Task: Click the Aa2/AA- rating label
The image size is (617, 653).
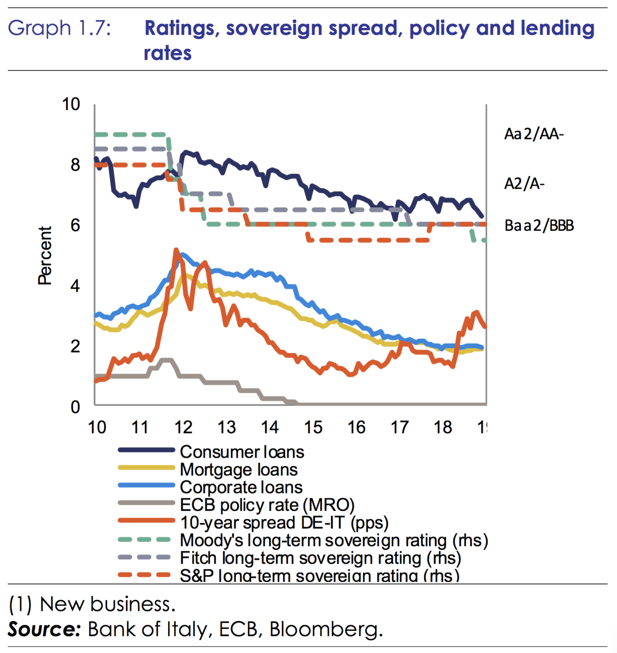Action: pyautogui.click(x=533, y=134)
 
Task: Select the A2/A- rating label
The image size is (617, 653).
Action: pyautogui.click(x=524, y=184)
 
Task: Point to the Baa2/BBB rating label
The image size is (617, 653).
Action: pyautogui.click(x=539, y=225)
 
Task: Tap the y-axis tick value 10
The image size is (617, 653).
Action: pyautogui.click(x=71, y=104)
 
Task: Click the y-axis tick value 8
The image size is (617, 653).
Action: pyautogui.click(x=75, y=165)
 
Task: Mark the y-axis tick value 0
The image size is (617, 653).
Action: pyautogui.click(x=75, y=407)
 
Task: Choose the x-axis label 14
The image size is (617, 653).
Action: pyautogui.click(x=270, y=428)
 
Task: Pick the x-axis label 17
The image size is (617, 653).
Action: pyautogui.click(x=400, y=428)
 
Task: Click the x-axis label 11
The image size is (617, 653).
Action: pyautogui.click(x=140, y=428)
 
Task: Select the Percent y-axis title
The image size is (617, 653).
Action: pyautogui.click(x=45, y=255)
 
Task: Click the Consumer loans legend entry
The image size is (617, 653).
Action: pyautogui.click(x=242, y=452)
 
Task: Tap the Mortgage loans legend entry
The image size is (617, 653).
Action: pyautogui.click(x=238, y=470)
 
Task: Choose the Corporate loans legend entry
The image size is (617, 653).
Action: pyautogui.click(x=241, y=487)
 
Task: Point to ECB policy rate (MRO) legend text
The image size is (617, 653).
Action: pyautogui.click(x=267, y=505)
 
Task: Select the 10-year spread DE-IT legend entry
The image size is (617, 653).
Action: pyautogui.click(x=284, y=523)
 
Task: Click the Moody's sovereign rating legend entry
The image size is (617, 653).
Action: pyautogui.click(x=333, y=540)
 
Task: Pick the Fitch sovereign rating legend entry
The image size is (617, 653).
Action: pyautogui.click(x=320, y=558)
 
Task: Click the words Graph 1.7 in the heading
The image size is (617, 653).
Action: pyautogui.click(x=59, y=28)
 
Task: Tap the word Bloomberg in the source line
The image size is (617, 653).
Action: pyautogui.click(x=326, y=629)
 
